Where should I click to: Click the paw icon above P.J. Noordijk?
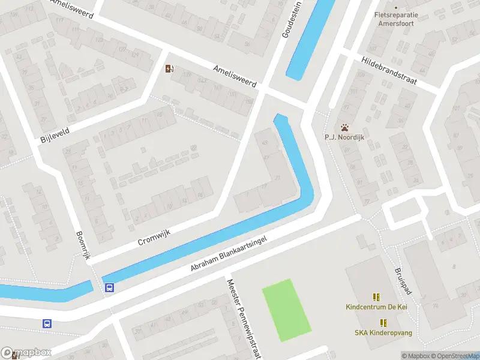345,128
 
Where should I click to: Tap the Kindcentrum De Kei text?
375,307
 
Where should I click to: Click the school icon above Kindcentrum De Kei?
376,296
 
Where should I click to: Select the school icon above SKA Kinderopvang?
383,322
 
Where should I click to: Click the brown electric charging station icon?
169,68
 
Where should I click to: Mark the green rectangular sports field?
287,310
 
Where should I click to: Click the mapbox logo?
26,353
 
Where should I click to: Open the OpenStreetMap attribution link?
454,356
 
